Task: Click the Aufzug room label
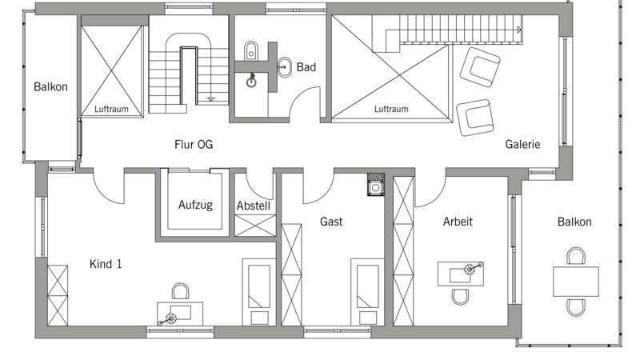[195, 205]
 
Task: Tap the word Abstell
[254, 206]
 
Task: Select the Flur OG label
[194, 145]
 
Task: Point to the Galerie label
[522, 144]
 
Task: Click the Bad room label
[306, 67]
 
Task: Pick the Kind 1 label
[106, 264]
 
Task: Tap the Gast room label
[331, 222]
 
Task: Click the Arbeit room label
[458, 222]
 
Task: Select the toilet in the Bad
[251, 50]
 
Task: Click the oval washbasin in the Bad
[285, 67]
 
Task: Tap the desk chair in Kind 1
[180, 291]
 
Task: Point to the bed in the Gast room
[367, 292]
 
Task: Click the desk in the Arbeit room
[461, 274]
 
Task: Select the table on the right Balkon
[576, 282]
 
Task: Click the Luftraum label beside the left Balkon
[111, 109]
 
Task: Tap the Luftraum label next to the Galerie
[391, 109]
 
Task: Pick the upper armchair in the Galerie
[480, 67]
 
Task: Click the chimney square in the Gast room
[375, 184]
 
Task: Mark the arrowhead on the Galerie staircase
[519, 30]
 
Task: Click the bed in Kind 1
[258, 292]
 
